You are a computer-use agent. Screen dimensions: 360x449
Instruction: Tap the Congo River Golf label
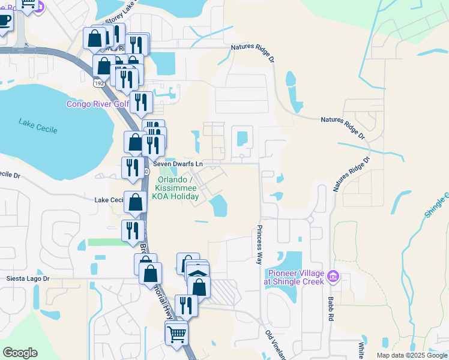point(97,104)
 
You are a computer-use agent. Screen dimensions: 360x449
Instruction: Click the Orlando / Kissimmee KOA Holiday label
point(178,188)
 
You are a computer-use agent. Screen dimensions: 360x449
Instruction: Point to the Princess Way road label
point(260,245)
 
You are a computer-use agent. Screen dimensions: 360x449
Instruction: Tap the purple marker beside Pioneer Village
point(334,277)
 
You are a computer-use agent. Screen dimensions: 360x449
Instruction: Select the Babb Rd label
point(331,321)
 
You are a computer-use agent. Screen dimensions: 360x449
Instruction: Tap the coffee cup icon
point(4,21)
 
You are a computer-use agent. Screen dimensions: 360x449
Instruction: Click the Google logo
point(20,352)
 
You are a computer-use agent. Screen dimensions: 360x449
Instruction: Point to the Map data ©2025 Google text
point(411,355)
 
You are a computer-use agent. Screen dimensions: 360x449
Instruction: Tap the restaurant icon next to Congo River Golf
point(141,101)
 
